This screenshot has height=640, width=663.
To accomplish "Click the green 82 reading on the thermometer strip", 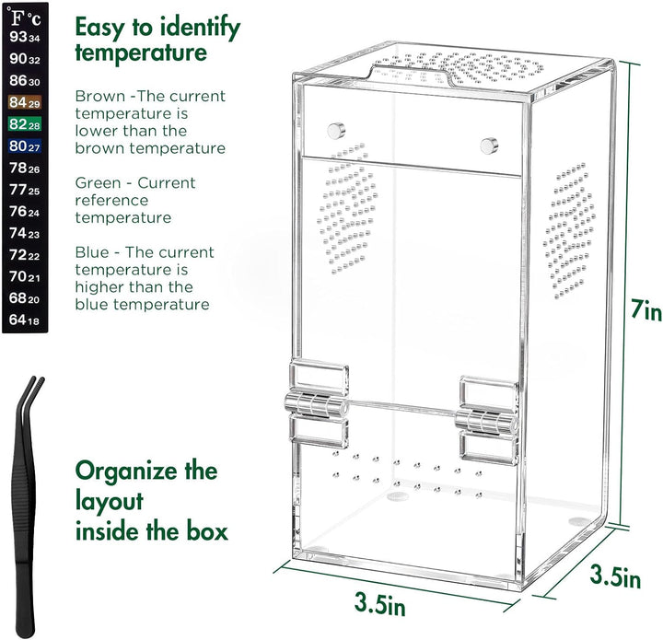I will coord(24,124).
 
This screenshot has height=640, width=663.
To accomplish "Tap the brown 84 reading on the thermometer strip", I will coord(24,103).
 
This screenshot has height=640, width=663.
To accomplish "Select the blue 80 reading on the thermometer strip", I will coord(24,145).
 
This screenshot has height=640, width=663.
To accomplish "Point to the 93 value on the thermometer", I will coord(24,38).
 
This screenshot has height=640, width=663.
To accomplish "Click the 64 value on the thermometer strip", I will coord(24,320).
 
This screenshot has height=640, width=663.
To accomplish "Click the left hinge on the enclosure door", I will coord(317,405).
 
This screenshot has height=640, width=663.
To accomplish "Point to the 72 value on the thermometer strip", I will coord(24,255).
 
